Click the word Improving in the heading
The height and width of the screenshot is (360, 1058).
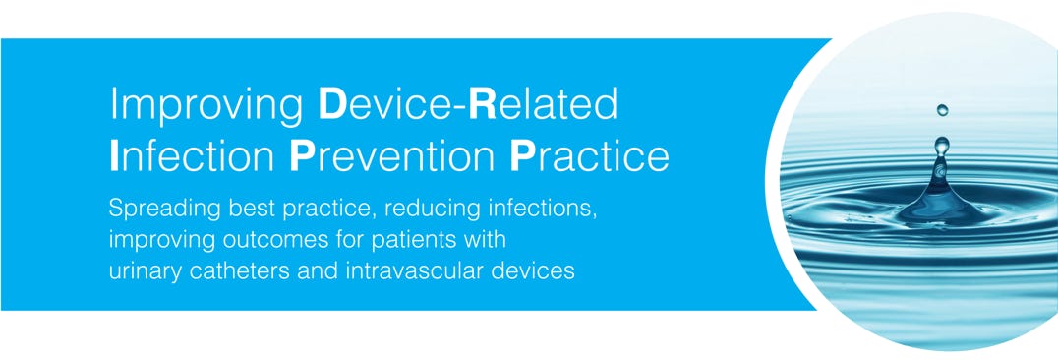[x=206, y=106]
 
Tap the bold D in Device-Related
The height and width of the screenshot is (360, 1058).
[x=330, y=103]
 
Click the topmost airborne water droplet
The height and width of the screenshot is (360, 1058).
[x=942, y=109]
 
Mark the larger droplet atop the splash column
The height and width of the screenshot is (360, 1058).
[x=942, y=145]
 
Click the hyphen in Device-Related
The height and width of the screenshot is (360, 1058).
[x=460, y=107]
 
